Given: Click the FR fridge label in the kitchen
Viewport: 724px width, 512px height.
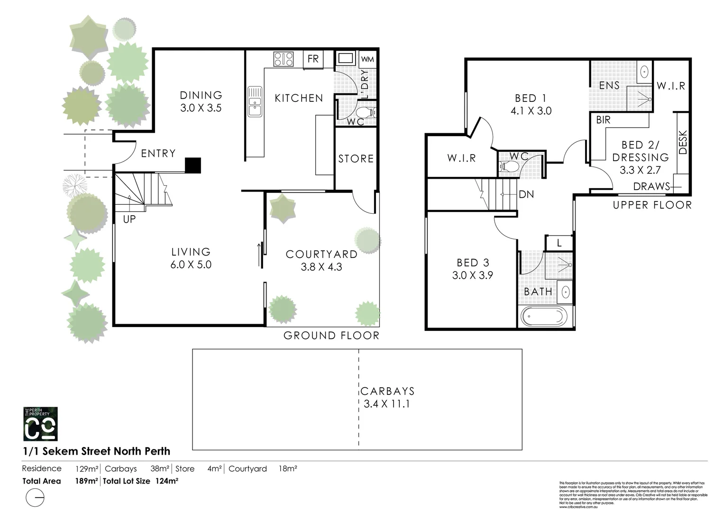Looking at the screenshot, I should tap(313, 59).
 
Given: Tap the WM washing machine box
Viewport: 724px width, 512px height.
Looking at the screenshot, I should tap(367, 60).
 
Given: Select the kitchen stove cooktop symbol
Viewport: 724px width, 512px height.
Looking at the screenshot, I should tap(284, 59).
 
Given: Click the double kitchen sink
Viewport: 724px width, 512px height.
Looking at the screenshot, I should tap(255, 101).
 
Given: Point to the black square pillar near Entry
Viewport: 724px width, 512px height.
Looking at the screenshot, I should tap(193, 165).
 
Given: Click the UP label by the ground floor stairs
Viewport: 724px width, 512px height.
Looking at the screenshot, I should tap(129, 219).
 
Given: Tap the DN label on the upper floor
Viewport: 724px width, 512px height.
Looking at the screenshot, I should tap(526, 194).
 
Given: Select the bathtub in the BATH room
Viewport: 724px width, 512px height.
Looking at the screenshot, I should tap(543, 316).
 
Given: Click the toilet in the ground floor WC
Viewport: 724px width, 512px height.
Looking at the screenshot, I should tap(365, 113).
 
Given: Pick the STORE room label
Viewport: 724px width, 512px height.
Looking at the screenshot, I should tap(356, 159).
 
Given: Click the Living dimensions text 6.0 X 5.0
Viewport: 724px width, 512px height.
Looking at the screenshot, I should tap(191, 265).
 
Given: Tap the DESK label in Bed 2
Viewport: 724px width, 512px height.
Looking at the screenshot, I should tap(683, 142).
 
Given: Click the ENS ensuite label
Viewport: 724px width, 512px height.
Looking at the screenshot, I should tap(609, 86).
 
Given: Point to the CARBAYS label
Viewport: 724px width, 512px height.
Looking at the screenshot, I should tap(387, 392).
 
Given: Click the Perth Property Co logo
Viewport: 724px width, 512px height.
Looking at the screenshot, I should tap(41, 423).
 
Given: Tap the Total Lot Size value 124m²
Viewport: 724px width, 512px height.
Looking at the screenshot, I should tap(167, 481).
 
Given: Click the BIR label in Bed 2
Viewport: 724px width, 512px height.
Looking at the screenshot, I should tap(604, 120).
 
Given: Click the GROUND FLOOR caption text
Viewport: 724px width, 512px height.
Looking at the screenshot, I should tap(331, 336).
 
